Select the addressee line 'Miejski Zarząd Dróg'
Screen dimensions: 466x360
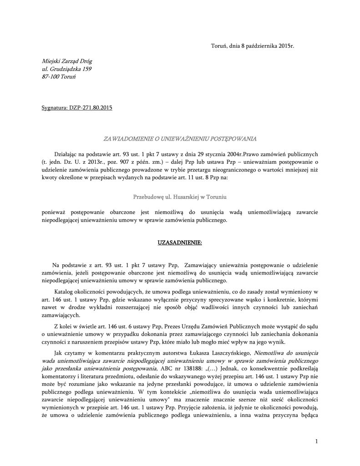[x=67, y=61]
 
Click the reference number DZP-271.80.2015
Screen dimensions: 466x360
[x=90, y=108]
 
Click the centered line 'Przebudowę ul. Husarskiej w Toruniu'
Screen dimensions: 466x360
[x=180, y=198]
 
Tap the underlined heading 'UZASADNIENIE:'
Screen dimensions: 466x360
[x=180, y=243]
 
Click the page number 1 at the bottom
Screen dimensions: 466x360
[x=316, y=441]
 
